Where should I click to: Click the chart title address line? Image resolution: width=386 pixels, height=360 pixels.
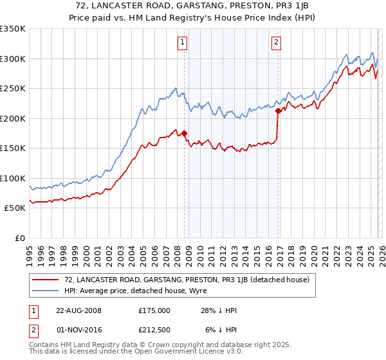(x=192, y=6)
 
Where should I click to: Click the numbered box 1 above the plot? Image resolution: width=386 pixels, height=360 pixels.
(x=183, y=43)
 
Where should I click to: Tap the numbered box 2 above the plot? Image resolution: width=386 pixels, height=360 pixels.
(x=276, y=43)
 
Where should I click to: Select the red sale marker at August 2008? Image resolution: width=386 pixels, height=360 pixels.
(x=184, y=133)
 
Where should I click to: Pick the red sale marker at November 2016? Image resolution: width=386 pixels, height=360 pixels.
(x=278, y=111)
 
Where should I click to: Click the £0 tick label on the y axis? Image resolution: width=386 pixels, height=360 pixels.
(x=18, y=238)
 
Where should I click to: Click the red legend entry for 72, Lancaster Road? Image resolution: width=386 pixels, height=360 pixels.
(x=187, y=280)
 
